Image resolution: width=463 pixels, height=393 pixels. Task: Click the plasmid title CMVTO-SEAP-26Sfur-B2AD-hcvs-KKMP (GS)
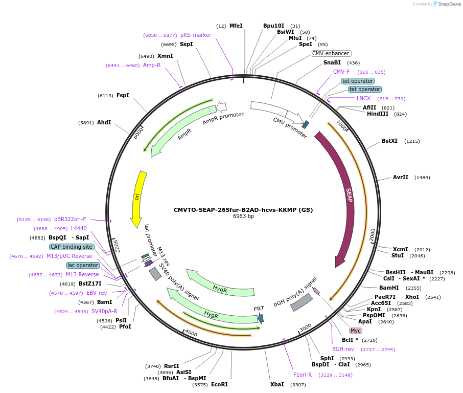coord(243,209)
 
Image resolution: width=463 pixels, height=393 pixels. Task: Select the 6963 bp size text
coord(243,216)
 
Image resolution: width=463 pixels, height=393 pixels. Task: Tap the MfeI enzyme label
coord(236,26)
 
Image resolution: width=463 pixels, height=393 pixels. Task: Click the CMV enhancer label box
coord(331,53)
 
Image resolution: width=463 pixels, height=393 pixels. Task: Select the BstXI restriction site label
coord(389,141)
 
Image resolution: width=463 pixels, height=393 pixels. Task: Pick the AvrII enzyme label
coord(400,178)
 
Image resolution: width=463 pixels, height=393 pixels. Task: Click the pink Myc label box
coord(355,331)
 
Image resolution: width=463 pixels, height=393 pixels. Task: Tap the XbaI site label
coord(277,384)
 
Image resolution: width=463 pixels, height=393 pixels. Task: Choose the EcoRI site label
coord(219,384)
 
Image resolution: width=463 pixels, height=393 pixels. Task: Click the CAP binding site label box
coord(72,247)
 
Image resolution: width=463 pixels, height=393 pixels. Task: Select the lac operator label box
coord(83,265)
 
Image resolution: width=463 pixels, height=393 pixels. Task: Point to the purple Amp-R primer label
coord(152,65)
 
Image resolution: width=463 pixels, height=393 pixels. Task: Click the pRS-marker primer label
coord(196,35)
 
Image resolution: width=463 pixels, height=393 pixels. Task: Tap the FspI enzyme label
coord(123,95)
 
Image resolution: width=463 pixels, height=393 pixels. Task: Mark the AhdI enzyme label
coord(104,123)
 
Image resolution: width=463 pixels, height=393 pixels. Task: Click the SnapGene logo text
coord(449,4)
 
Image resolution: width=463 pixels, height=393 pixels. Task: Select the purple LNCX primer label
coord(363,98)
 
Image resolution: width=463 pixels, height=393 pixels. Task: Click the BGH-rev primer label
coord(343,349)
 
